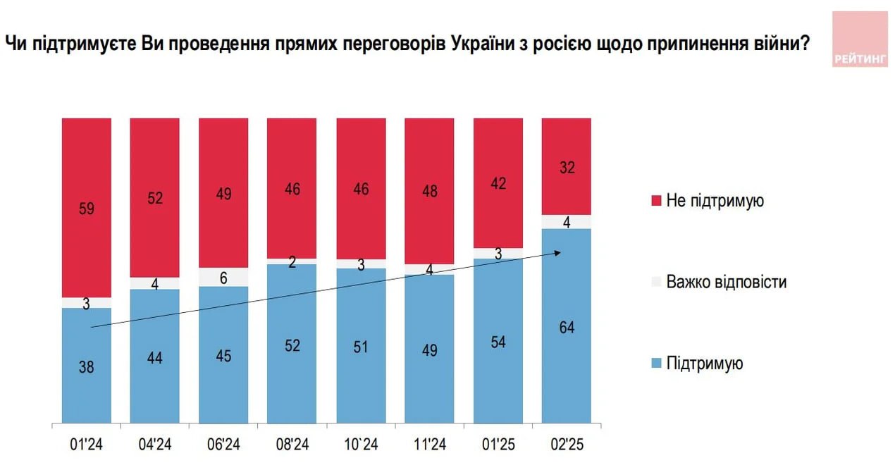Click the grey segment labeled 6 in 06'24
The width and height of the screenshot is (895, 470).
pos(223,278)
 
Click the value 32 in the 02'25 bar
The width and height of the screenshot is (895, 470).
pos(566,168)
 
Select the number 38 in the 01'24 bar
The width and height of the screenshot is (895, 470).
pos(87,366)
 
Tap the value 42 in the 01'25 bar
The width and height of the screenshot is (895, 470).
pos(498,183)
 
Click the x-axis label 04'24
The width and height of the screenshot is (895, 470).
pos(155,445)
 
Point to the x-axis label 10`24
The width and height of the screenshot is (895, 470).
pos(361,445)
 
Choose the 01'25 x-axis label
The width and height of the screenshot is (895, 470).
pos(498,445)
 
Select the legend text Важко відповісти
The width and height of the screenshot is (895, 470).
pos(727,283)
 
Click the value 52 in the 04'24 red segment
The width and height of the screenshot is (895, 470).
pos(155,199)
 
